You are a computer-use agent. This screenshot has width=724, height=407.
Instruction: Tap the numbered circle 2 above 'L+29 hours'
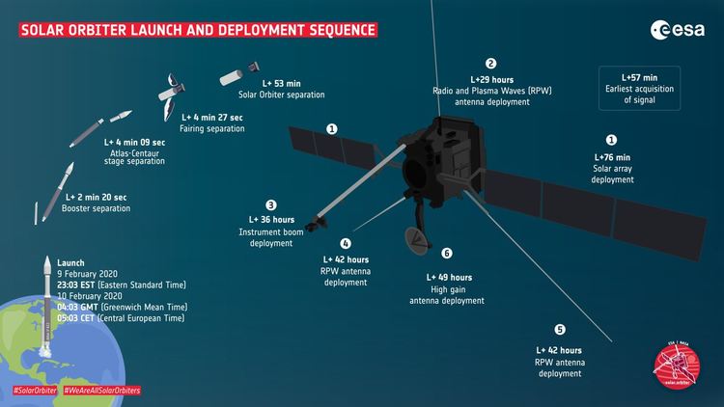tap(490, 63)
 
